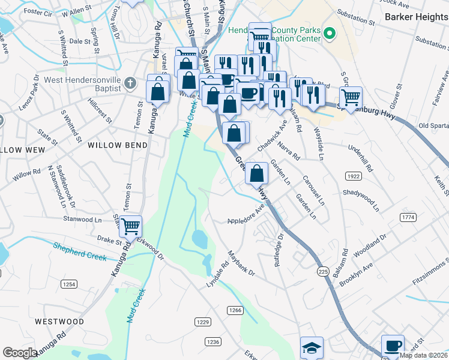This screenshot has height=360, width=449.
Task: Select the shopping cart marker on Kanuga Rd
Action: tap(130, 226)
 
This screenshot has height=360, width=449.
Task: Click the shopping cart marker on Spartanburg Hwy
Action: tap(351, 97)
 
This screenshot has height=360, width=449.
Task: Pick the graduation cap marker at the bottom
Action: tap(312, 347)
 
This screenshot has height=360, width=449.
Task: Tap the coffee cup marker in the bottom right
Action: tap(393, 346)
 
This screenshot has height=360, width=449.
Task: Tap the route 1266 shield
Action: tap(235, 310)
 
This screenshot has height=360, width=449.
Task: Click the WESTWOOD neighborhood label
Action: tap(59, 322)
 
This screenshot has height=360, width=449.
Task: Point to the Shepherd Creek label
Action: tap(80, 251)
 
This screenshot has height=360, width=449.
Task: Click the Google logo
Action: tap(20, 353)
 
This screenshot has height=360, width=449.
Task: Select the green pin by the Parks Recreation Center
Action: tap(329, 34)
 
